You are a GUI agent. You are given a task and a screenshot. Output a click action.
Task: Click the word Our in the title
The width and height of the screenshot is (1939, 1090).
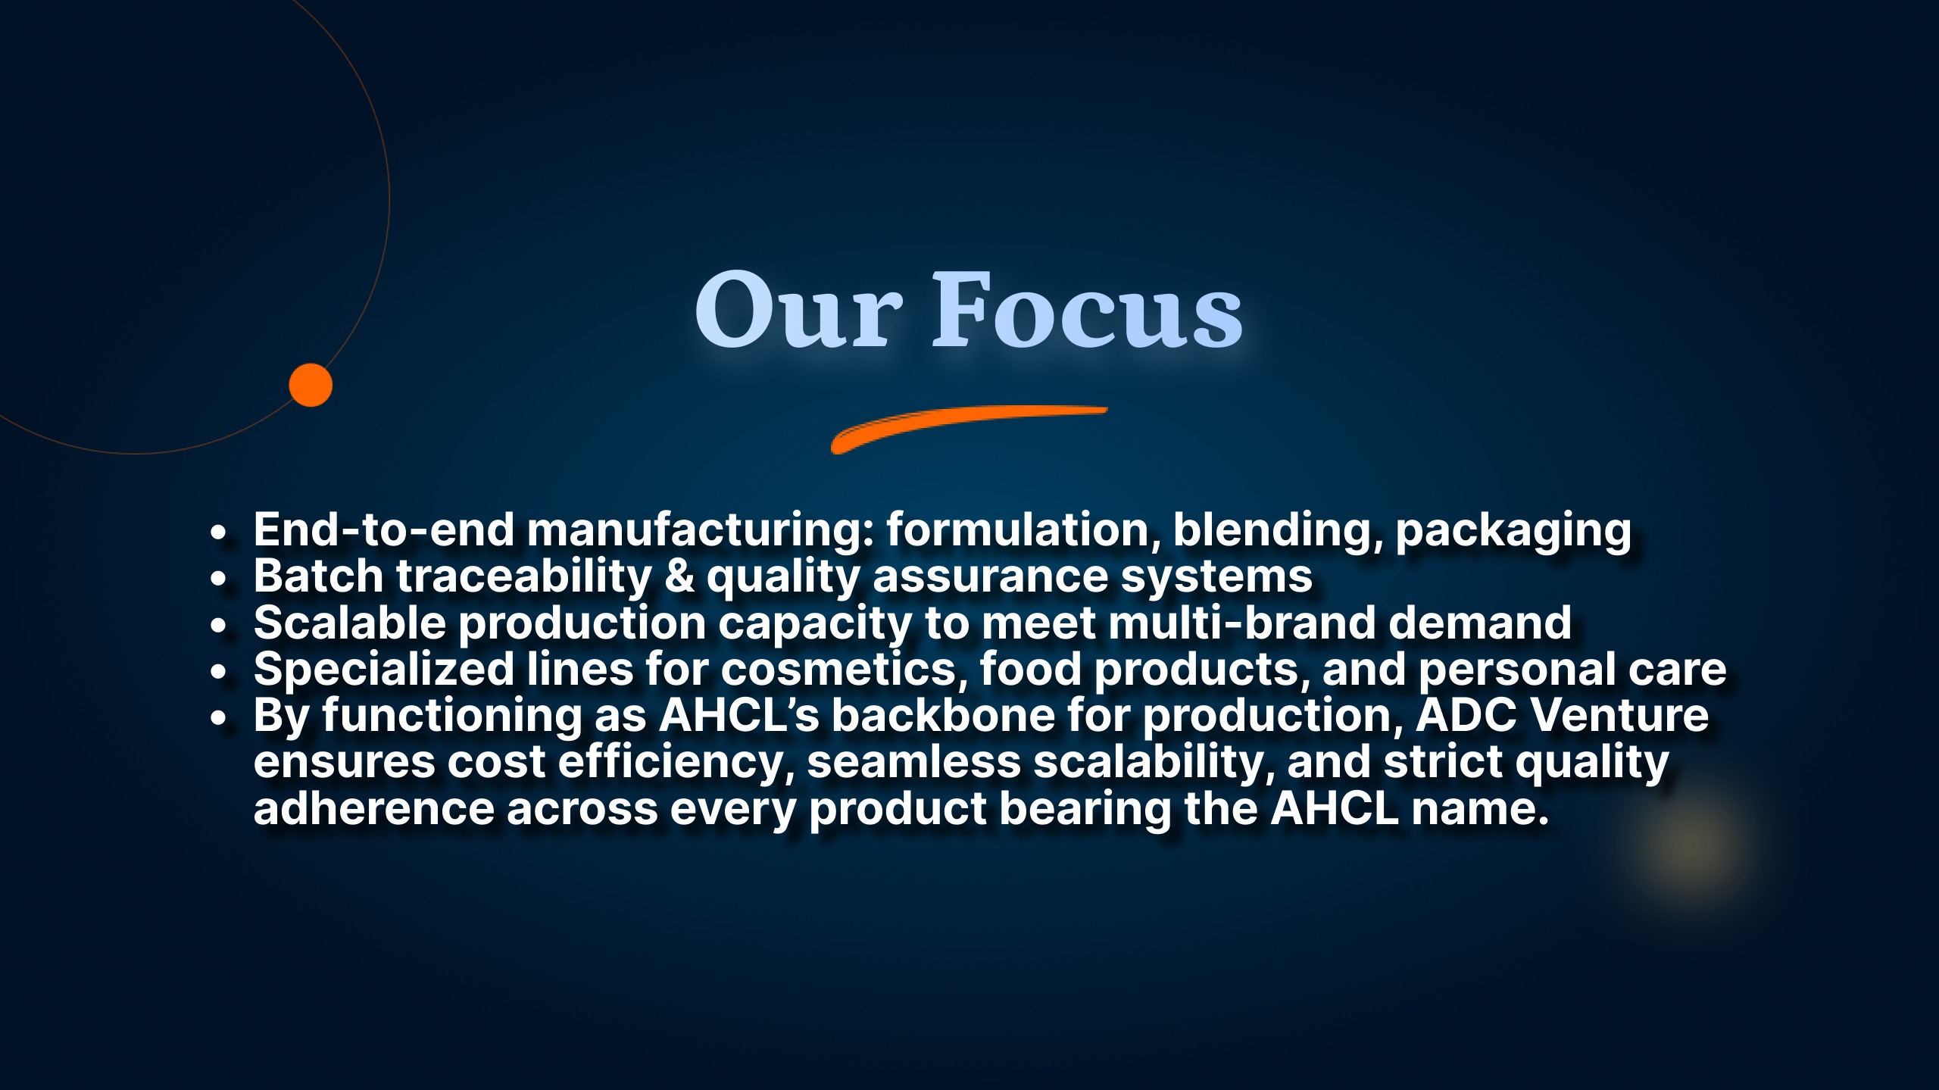(x=799, y=311)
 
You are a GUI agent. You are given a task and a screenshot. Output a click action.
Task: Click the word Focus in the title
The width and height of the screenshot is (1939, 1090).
(x=1087, y=311)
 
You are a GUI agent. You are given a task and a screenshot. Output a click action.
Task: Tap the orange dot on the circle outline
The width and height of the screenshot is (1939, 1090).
(x=311, y=385)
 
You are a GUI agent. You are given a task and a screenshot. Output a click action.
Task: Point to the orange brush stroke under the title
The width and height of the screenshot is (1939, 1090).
(x=969, y=429)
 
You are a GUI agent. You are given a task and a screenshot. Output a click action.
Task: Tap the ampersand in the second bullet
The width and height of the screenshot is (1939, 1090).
(x=679, y=576)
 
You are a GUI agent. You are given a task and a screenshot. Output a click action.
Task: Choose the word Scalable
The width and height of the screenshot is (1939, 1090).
(x=349, y=623)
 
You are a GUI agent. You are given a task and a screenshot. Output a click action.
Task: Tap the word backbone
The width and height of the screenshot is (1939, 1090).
(x=944, y=716)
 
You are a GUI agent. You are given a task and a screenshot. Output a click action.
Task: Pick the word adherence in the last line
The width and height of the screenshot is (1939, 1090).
(x=373, y=809)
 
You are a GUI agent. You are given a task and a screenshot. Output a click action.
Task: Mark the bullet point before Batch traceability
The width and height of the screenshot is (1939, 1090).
(x=219, y=579)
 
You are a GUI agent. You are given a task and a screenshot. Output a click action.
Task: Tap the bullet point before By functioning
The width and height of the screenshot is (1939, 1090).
(x=219, y=719)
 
